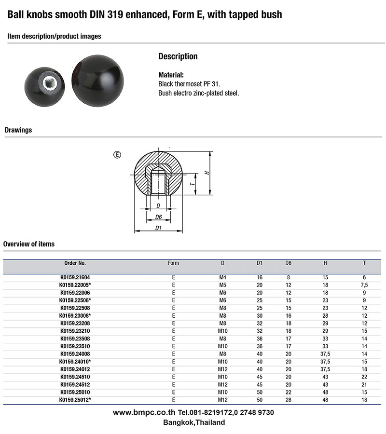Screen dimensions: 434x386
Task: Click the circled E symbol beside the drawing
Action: click(117, 155)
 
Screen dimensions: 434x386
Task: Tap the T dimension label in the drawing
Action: click(192, 184)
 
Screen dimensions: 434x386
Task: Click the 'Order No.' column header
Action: click(75, 263)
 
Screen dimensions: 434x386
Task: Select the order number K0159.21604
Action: click(75, 278)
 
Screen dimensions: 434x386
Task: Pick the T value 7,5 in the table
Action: click(364, 285)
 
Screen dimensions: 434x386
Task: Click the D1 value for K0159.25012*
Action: click(260, 400)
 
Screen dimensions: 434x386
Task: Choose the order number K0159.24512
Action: click(75, 385)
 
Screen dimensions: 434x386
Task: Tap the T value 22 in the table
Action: click(364, 377)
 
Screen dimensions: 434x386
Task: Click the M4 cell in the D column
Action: click(222, 278)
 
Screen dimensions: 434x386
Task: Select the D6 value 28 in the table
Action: click(289, 400)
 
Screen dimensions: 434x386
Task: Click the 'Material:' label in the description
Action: click(171, 75)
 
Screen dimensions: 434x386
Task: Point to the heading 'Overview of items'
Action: click(29, 244)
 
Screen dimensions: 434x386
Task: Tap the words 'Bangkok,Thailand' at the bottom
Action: click(194, 422)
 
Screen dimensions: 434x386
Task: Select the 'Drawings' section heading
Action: click(18, 130)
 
